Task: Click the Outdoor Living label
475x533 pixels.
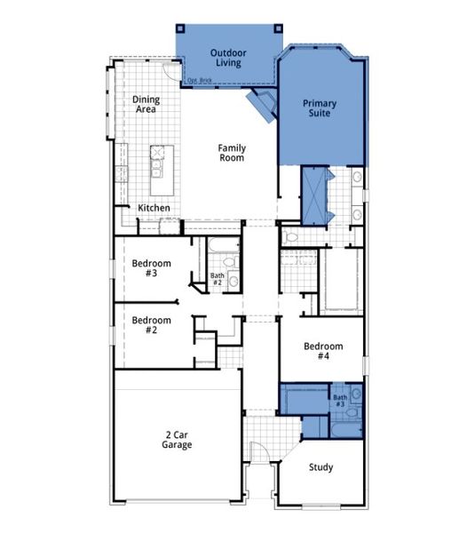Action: (x=228, y=59)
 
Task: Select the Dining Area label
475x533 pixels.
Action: (x=145, y=105)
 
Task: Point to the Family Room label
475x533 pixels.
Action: (x=232, y=153)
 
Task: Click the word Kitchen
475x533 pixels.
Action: (x=154, y=208)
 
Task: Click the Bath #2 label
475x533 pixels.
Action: (x=218, y=280)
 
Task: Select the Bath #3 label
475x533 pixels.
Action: (x=340, y=401)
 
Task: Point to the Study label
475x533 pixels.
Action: (x=321, y=467)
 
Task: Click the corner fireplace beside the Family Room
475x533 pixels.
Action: (x=264, y=104)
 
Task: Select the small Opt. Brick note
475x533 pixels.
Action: (x=199, y=80)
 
